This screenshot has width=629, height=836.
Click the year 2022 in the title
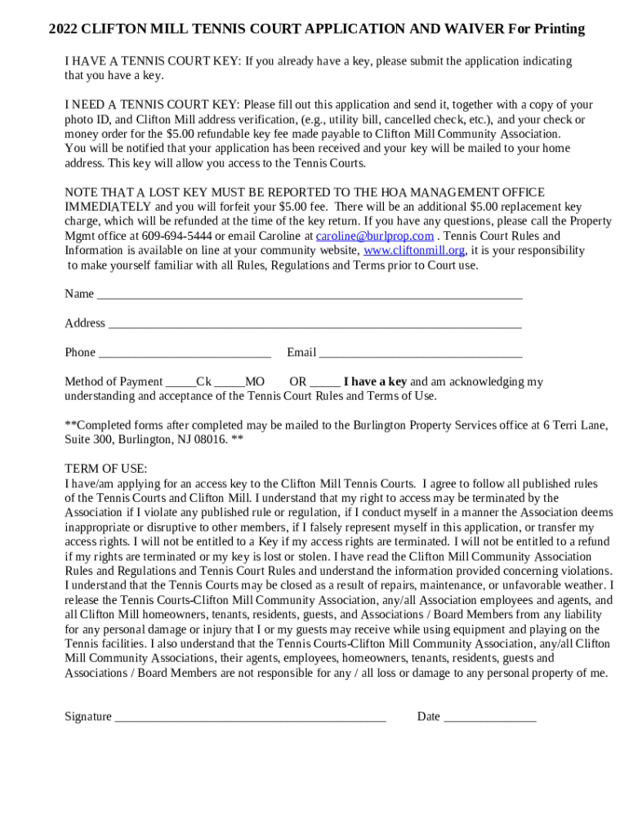click(x=63, y=29)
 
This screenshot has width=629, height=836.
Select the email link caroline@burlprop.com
click(x=374, y=236)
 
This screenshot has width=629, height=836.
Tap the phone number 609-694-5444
click(x=176, y=236)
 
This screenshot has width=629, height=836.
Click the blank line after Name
click(x=309, y=296)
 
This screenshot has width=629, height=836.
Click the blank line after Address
click(x=314, y=325)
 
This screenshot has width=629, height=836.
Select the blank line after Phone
click(x=184, y=354)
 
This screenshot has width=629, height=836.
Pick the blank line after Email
click(x=420, y=354)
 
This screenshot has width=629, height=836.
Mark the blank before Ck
click(x=180, y=384)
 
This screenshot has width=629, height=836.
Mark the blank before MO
click(x=230, y=384)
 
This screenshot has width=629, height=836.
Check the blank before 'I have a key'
click(x=325, y=384)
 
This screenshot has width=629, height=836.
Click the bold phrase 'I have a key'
click(x=375, y=381)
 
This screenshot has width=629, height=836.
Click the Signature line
click(x=250, y=718)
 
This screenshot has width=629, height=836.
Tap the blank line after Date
click(x=489, y=718)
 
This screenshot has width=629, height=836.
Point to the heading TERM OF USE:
click(x=106, y=469)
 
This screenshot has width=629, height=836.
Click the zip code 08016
click(x=208, y=439)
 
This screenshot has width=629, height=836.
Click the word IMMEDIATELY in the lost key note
click(x=108, y=207)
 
